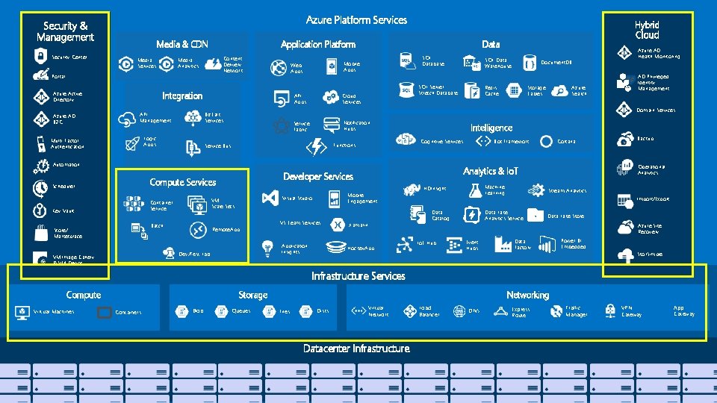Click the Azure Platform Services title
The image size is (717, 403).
pos(356,20)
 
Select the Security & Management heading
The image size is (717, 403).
pos(65,32)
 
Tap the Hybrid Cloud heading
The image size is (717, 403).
pos(647,30)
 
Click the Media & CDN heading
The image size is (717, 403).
pos(182,45)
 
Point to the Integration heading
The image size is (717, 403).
pos(182,96)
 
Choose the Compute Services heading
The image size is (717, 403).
pos(182,182)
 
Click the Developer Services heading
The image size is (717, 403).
pos(317,177)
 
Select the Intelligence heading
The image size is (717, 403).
pos(491,128)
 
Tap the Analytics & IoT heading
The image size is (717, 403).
pos(490,171)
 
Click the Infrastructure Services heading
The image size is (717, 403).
pos(358,276)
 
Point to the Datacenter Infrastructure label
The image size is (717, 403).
pos(356,349)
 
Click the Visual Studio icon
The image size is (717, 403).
pos(270,198)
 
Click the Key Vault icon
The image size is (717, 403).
pos(40,210)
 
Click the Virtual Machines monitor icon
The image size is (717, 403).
pos(21,312)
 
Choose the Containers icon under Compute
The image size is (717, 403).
pos(105,312)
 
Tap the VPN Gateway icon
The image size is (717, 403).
pos(610,310)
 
